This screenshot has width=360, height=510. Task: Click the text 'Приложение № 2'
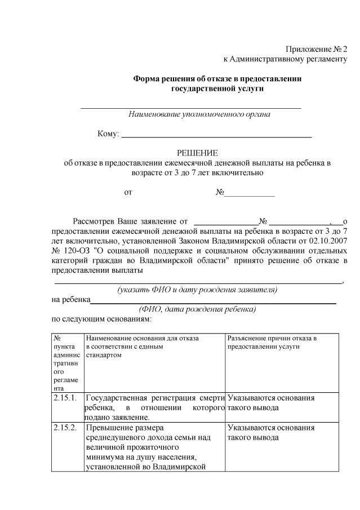pos(317,50)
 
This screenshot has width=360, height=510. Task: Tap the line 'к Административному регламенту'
pos(286,59)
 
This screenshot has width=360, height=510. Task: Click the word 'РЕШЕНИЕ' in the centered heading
pos(197,153)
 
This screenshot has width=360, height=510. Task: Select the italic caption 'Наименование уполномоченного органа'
pos(199,114)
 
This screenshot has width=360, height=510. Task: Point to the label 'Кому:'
pos(108,134)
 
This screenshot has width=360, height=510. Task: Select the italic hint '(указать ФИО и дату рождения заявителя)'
pos(197,290)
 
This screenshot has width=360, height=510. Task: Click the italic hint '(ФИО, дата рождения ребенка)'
pos(197,309)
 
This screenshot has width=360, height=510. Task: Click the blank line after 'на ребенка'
pos(214,301)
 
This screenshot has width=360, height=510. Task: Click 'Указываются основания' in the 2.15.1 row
pos(270,398)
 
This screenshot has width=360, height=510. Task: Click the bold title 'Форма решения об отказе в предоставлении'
pos(217,79)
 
